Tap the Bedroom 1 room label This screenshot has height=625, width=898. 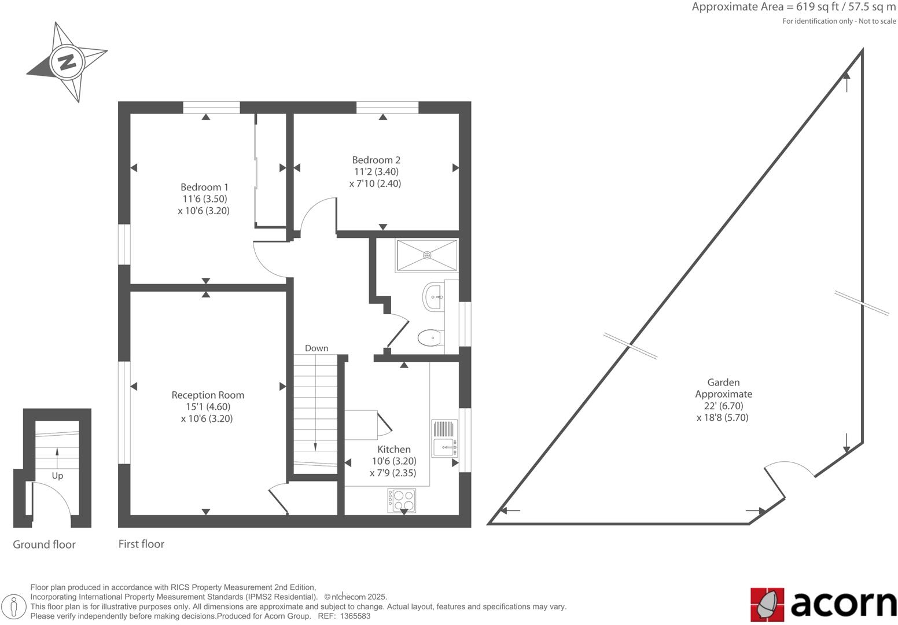204,187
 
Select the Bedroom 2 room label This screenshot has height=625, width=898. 376,160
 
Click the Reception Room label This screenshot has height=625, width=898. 208,395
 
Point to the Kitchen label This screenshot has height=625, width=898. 394,449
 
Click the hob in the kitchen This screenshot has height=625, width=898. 402,501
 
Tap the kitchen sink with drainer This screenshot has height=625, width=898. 444,438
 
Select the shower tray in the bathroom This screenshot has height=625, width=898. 426,255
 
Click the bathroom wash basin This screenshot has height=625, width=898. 433,297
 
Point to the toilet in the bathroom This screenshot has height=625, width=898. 430,337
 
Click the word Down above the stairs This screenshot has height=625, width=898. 316,348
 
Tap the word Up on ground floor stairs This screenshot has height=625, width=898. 57,476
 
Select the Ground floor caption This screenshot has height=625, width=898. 44,545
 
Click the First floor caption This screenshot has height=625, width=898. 141,544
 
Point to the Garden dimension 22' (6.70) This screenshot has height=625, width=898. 723,406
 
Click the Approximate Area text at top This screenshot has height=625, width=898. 793,8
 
